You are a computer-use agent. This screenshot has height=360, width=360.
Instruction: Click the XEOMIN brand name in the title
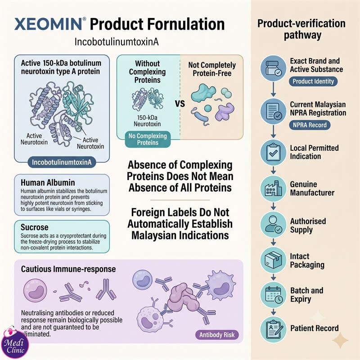49,24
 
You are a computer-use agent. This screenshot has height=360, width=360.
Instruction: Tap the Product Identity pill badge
313,81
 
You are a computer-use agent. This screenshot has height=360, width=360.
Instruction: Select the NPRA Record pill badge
310,125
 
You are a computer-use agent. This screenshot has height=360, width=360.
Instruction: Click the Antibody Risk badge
217,335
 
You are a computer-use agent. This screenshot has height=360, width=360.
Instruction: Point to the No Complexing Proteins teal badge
148,139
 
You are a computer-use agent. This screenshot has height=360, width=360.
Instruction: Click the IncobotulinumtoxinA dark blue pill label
62,162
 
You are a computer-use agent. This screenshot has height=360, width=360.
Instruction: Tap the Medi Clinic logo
15,343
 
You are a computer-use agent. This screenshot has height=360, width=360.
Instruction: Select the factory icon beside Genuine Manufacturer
273,189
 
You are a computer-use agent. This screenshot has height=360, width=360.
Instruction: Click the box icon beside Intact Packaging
273,260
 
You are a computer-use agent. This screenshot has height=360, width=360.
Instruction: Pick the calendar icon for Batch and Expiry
273,295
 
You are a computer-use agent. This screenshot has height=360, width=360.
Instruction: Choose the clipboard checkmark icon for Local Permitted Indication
273,152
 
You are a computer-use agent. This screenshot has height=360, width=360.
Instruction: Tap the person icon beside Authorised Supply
273,224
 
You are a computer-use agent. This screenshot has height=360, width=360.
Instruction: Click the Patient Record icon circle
273,329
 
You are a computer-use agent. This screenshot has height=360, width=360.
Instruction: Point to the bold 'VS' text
180,103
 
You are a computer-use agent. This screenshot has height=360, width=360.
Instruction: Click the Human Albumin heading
48,183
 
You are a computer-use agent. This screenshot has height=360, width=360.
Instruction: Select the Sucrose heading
35,227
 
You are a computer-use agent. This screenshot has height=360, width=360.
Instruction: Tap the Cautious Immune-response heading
68,269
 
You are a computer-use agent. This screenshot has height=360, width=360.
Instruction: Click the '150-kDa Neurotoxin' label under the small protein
147,121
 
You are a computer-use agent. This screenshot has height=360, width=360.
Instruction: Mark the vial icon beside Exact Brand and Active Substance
273,68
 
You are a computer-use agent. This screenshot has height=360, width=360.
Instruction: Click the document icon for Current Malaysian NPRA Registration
273,111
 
